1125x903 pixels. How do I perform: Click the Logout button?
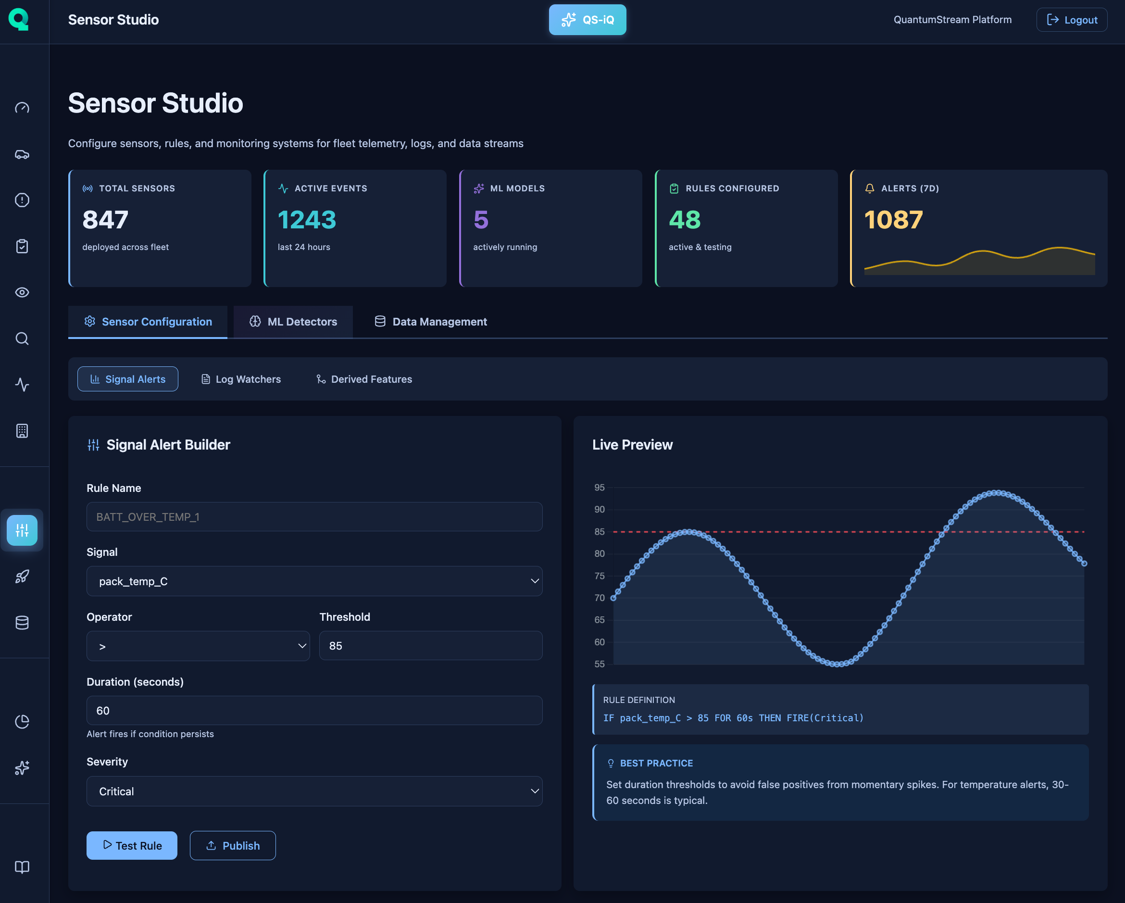tap(1071, 20)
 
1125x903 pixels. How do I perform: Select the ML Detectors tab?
tap(293, 322)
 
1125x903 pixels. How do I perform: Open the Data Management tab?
tap(431, 322)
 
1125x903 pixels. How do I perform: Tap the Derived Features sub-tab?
tap(364, 379)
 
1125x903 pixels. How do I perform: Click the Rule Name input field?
tap(314, 517)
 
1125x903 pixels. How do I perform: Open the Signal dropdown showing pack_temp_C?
tap(314, 581)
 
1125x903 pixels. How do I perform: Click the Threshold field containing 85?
tap(430, 646)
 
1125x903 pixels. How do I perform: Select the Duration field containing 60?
tap(314, 710)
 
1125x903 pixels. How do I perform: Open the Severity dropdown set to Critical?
tap(314, 791)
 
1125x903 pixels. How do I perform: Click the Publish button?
tap(233, 846)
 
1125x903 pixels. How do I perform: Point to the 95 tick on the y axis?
tap(599, 488)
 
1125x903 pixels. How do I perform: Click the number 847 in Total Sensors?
tap(105, 220)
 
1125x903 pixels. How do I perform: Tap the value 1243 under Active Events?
tap(307, 220)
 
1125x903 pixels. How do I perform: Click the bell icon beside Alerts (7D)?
tap(869, 188)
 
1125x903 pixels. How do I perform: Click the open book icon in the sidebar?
tap(22, 867)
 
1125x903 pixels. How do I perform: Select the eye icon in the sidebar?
tap(22, 292)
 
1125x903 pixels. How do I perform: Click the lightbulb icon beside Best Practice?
tap(611, 763)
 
